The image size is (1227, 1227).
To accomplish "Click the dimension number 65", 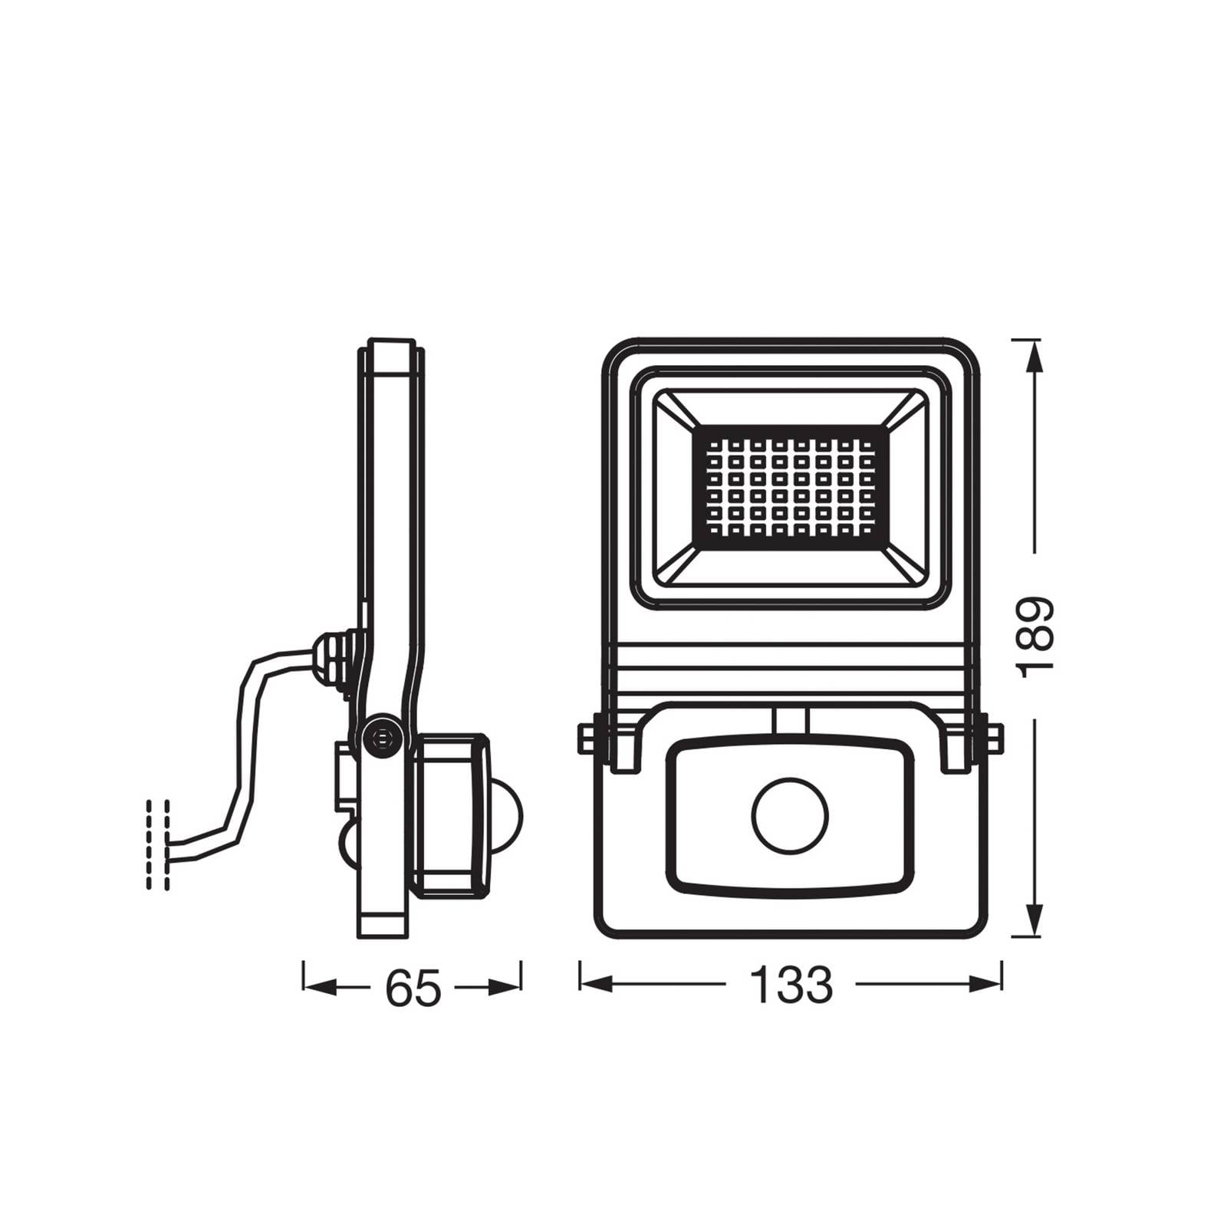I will (413, 988).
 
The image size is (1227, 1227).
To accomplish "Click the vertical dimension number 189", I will (1035, 637).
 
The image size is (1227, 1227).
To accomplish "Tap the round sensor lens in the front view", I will (790, 815).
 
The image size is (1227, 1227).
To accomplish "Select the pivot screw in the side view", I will (381, 738).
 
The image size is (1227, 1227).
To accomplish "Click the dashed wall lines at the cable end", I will (157, 844).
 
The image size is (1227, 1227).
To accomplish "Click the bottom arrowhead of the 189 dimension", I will (1035, 920).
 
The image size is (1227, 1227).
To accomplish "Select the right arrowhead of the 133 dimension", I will (985, 985).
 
